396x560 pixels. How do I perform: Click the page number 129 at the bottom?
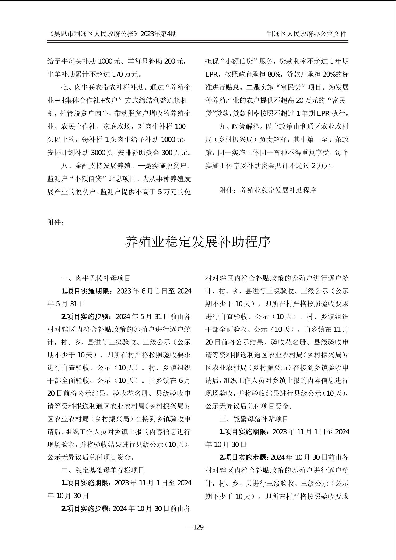[x=198, y=527]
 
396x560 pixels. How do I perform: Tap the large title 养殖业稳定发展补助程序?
[x=198, y=242]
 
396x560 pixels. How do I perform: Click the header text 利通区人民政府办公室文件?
[x=307, y=34]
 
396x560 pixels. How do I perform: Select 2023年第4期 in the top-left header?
[x=158, y=34]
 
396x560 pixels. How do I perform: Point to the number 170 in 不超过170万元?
[x=117, y=74]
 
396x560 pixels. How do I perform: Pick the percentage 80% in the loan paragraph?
[x=274, y=74]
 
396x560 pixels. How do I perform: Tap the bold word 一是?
[x=145, y=166]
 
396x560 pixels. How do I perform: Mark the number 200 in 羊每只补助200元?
[x=170, y=61]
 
